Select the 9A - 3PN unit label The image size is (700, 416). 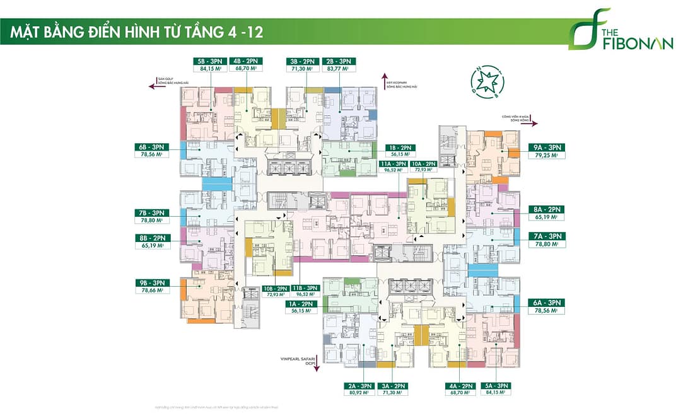(x=546, y=147)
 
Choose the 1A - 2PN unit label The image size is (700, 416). (x=301, y=303)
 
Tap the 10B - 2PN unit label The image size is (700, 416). (x=275, y=288)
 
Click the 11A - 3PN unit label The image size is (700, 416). (x=392, y=163)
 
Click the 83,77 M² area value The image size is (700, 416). (x=340, y=70)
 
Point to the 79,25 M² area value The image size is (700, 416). (x=546, y=156)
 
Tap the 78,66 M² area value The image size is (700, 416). (x=149, y=291)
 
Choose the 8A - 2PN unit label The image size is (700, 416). (x=546, y=209)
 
